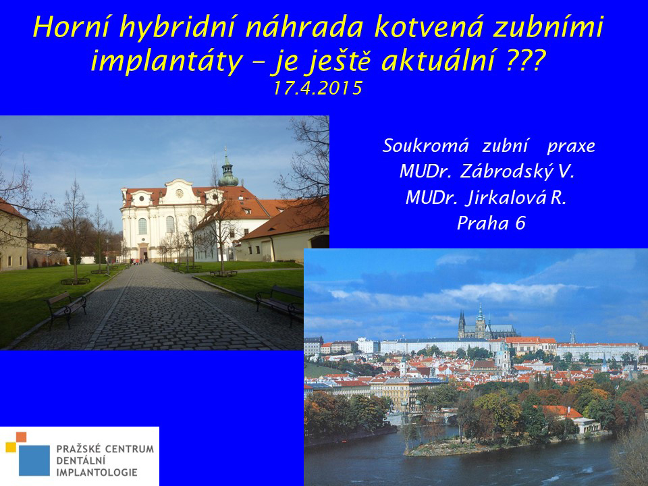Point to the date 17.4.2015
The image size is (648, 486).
click(318, 88)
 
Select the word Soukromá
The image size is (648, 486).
click(426, 146)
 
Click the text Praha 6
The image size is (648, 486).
click(491, 223)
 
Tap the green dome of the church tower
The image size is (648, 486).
click(227, 178)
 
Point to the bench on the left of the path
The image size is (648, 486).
click(67, 308)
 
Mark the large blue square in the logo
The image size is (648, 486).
click(34, 460)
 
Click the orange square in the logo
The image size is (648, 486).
click(22, 437)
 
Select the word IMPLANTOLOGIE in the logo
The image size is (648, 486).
click(97, 473)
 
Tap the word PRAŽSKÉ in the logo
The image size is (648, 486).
click(78, 449)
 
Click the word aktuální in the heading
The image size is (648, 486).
click(438, 61)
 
